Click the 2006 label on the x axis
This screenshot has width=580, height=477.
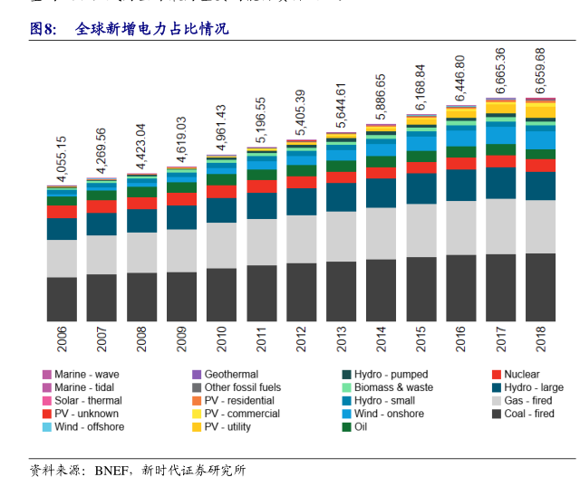coord(62,339)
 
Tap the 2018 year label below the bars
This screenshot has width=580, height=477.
coord(540,339)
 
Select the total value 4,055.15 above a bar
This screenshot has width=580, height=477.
coord(62,159)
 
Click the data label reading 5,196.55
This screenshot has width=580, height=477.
coord(261,120)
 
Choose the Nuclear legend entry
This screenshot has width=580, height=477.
coord(521,374)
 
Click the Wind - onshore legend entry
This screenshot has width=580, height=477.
coord(389,414)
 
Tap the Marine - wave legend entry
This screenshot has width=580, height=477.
coord(86,374)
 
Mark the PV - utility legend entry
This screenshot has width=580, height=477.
coord(227,426)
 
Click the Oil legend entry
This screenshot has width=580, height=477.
coord(360,426)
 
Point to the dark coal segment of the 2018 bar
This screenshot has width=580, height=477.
coord(540,287)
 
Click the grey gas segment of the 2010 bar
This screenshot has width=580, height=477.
coord(221,244)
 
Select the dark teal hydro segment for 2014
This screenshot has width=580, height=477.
coord(381,193)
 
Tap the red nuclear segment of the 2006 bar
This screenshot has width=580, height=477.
coord(62,212)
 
